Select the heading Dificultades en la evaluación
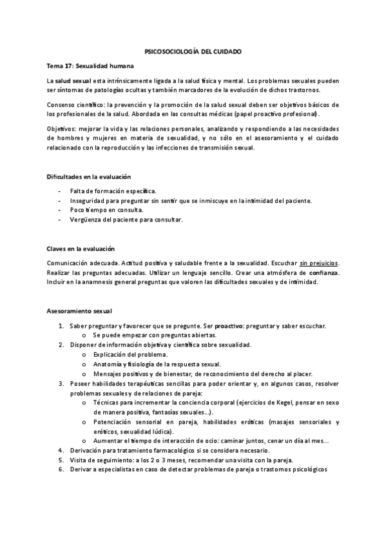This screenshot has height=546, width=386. [88, 176]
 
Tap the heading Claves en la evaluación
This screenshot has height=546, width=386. [81, 249]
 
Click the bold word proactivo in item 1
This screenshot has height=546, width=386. [229, 326]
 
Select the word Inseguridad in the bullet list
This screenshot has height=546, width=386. [89, 201]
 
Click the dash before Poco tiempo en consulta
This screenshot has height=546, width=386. [60, 211]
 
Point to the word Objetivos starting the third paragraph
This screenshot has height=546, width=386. [62, 129]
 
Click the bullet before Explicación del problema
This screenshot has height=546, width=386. [85, 355]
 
